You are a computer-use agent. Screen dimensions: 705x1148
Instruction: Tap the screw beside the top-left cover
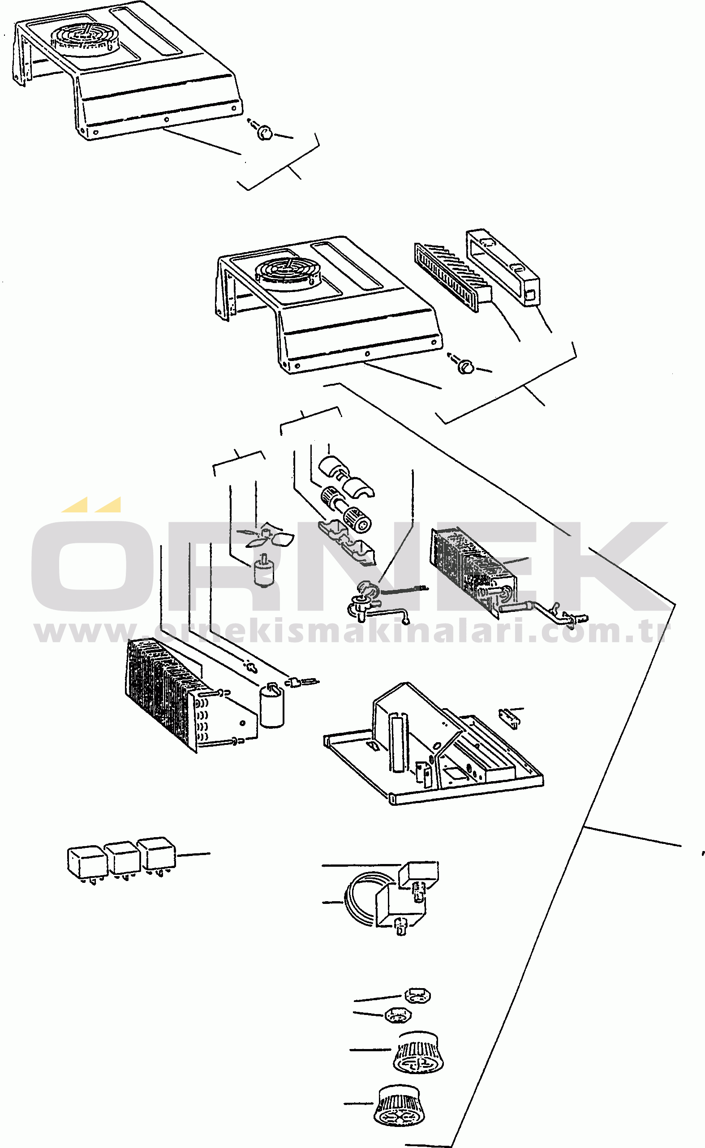click(264, 133)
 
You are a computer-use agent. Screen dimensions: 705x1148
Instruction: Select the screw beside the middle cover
click(465, 366)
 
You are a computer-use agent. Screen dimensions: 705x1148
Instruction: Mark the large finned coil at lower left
click(191, 695)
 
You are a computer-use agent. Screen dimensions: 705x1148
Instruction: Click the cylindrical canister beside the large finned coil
click(272, 705)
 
